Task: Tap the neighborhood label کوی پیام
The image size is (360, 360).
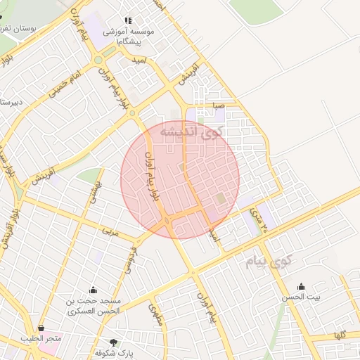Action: point(269,262)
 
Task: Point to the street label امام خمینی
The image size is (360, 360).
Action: point(66,82)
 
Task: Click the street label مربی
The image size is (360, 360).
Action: point(112,231)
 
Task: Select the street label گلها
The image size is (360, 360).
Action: point(342,335)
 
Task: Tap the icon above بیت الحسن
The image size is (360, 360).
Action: point(302,286)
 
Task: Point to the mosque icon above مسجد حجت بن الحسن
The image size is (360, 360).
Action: point(93,290)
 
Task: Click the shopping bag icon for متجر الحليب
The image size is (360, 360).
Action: point(41,328)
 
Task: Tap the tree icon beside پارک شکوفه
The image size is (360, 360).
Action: point(124,342)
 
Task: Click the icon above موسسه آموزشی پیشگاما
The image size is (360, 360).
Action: point(127,21)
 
